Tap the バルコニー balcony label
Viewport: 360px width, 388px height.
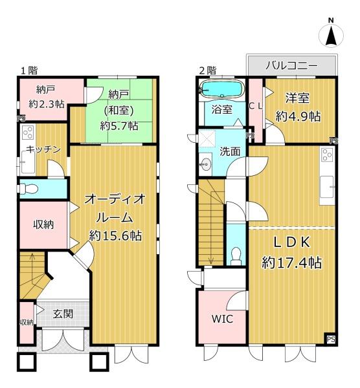tap(291, 65)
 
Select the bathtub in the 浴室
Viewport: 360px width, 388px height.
tap(222, 89)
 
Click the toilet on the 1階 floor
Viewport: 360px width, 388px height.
tap(28, 189)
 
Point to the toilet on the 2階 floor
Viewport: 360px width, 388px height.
tap(236, 256)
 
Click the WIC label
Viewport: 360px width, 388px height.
tap(222, 319)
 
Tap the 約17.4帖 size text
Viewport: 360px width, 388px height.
tap(292, 263)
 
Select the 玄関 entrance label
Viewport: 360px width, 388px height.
tap(63, 314)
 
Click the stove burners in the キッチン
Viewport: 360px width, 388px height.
tap(28, 133)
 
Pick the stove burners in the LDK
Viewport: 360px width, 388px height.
tap(327, 155)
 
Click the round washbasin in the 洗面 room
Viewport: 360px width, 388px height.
tap(206, 164)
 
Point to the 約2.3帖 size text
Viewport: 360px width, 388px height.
tap(47, 104)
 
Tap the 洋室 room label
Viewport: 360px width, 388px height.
tap(297, 98)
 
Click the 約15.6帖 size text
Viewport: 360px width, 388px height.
tap(115, 235)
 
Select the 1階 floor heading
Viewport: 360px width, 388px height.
tap(29, 70)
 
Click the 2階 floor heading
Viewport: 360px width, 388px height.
tap(208, 70)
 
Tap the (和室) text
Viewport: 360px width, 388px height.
tap(119, 111)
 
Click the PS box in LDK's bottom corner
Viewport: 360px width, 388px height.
tap(331, 339)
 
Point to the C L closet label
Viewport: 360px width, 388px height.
tap(255, 106)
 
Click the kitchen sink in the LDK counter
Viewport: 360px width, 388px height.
tap(326, 187)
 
